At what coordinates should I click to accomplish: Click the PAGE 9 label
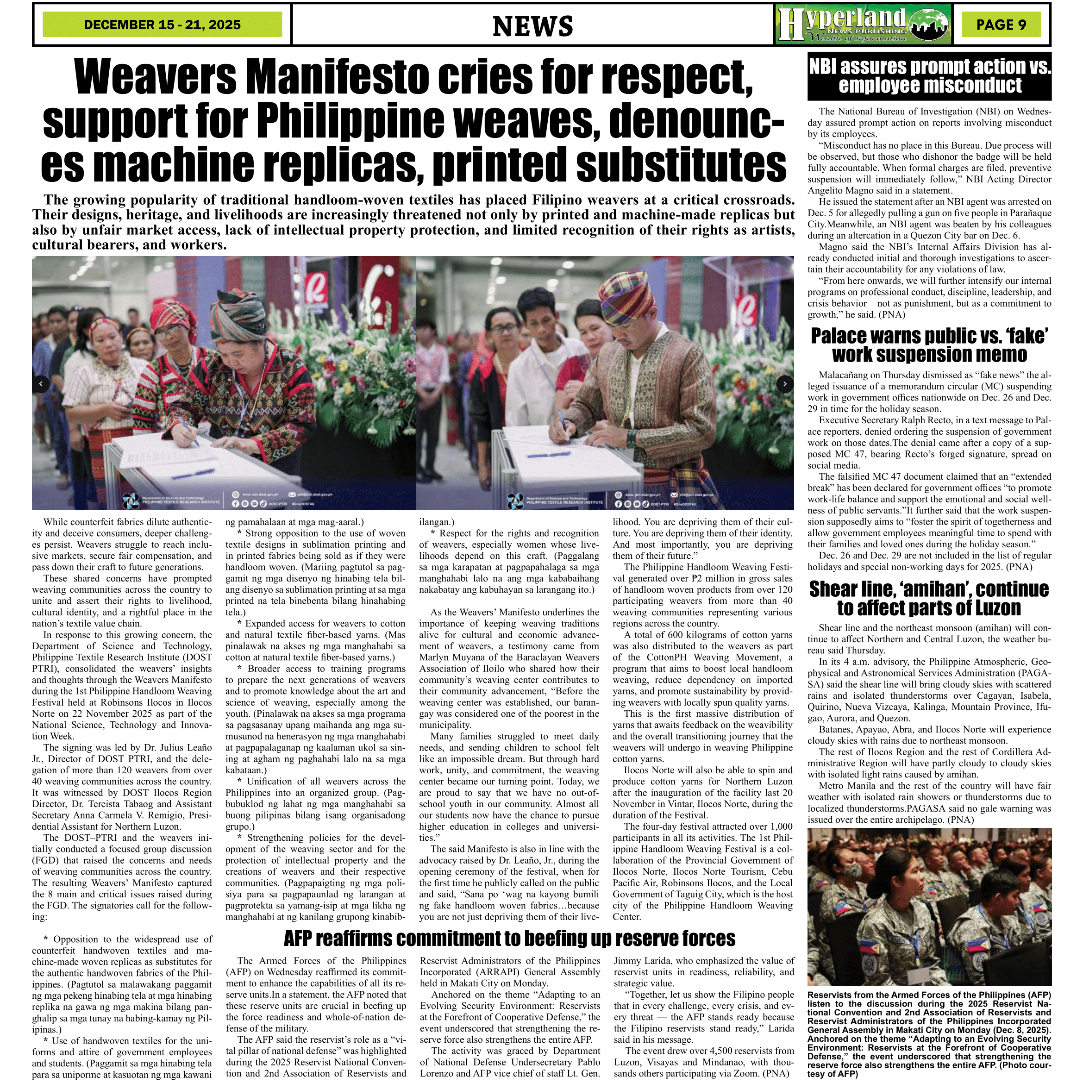coord(1001,25)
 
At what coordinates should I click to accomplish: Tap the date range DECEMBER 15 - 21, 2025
coord(162,25)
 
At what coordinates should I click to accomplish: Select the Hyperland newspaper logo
coord(863,24)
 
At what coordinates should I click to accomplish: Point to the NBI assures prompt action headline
coord(929,75)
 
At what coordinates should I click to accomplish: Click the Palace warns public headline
coord(929,345)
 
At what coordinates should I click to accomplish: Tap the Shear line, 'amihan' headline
coord(929,598)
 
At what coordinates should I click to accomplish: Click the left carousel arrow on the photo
coord(41,384)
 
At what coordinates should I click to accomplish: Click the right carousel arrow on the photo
coord(784,384)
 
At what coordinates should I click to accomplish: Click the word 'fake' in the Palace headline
coord(1024,336)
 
